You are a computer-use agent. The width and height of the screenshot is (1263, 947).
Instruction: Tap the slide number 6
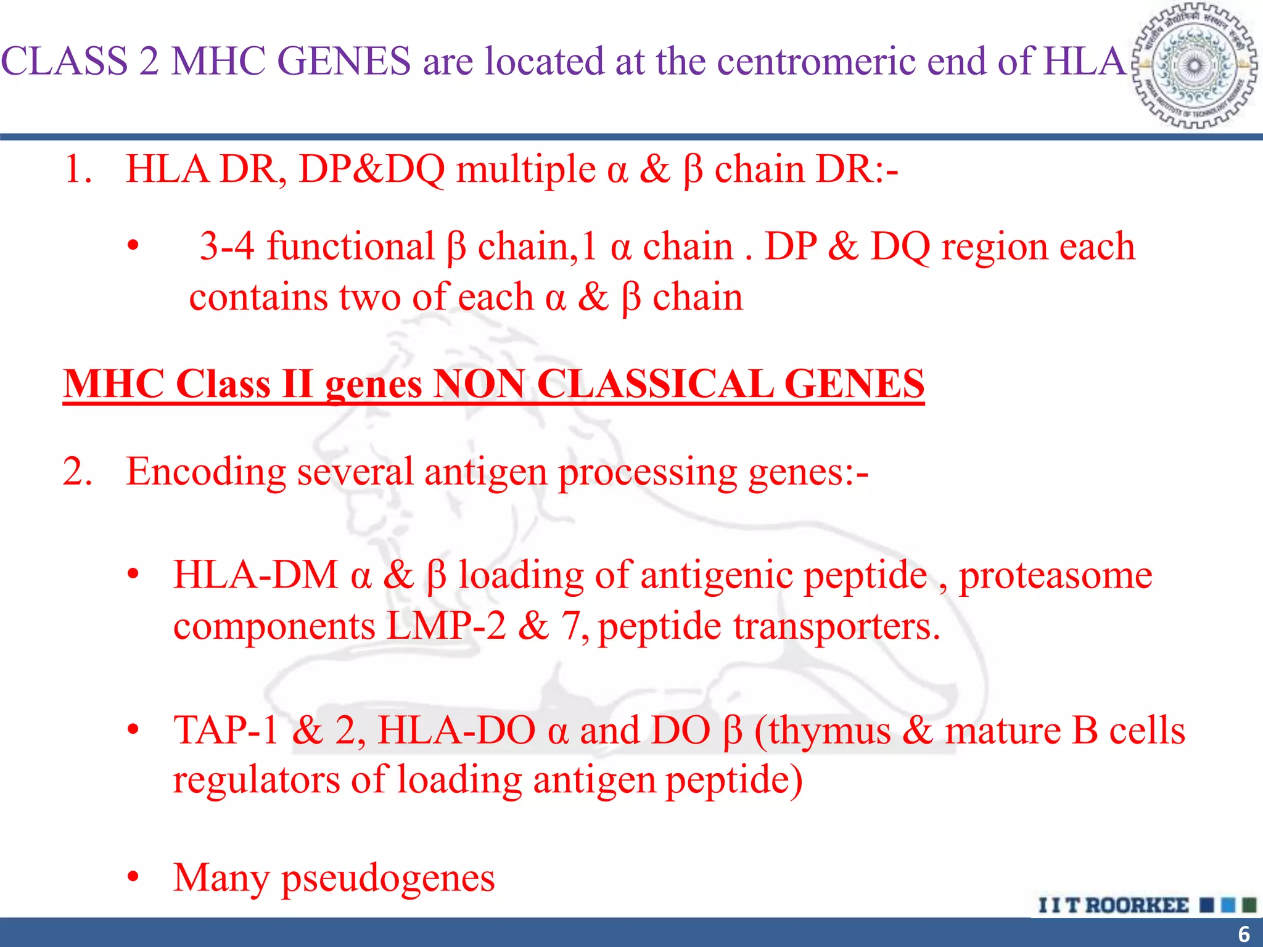pyautogui.click(x=1243, y=933)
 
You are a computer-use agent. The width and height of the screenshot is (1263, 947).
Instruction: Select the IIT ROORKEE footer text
pyautogui.click(x=1113, y=905)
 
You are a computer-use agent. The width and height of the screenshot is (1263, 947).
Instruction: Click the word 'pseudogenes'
pyautogui.click(x=388, y=878)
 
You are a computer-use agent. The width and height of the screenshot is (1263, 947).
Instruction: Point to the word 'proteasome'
pyautogui.click(x=1055, y=576)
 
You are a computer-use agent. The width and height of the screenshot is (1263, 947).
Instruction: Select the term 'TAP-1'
pyautogui.click(x=226, y=731)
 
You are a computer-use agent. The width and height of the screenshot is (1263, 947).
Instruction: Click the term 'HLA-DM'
pyautogui.click(x=255, y=575)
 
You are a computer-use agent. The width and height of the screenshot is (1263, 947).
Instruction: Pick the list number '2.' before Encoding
pyautogui.click(x=78, y=472)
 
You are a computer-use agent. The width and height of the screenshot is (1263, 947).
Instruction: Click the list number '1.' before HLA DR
pyautogui.click(x=78, y=170)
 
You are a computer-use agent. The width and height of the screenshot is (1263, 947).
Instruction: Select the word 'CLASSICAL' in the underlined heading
pyautogui.click(x=655, y=384)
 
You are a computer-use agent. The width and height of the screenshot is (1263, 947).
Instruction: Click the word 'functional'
pyautogui.click(x=350, y=247)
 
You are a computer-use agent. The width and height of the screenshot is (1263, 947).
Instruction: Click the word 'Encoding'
pyautogui.click(x=206, y=472)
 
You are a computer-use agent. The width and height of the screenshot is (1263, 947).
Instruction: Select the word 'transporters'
pyautogui.click(x=836, y=627)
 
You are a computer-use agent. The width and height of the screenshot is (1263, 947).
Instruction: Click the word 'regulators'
pyautogui.click(x=256, y=780)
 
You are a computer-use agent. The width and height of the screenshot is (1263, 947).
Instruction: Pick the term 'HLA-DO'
pyautogui.click(x=456, y=731)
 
